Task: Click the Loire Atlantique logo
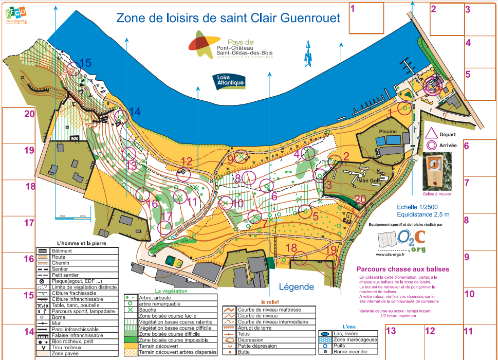click(228, 81)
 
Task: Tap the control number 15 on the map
click(85, 63)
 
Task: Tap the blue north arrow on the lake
click(308, 56)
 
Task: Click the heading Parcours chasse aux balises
click(403, 269)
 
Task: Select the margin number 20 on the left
click(29, 114)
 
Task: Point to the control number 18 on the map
click(291, 248)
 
